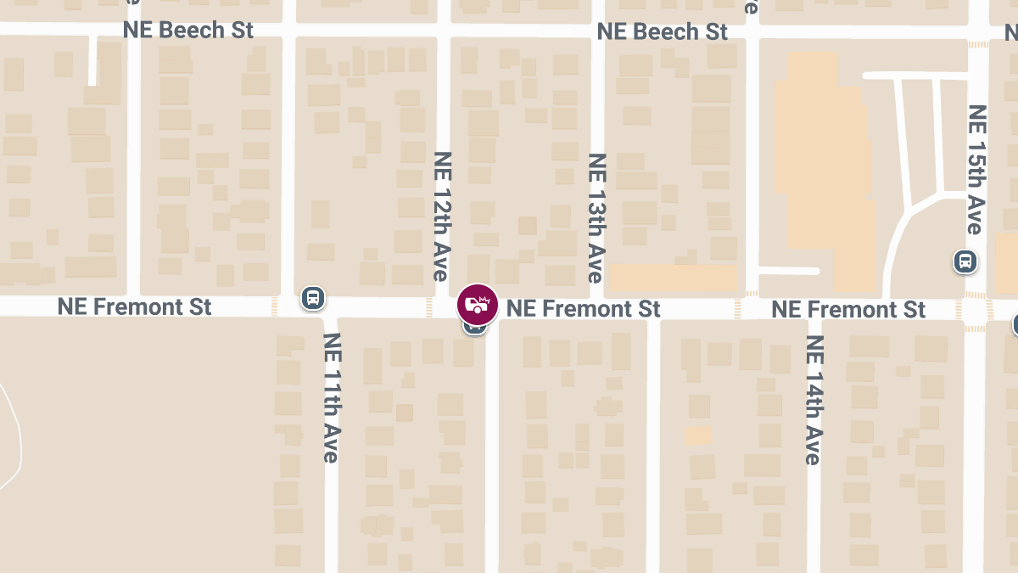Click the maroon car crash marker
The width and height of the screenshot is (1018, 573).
(478, 304)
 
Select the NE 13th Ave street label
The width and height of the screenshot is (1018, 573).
(596, 217)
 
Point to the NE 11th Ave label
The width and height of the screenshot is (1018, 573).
(330, 396)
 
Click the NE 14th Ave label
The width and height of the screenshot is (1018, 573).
(814, 399)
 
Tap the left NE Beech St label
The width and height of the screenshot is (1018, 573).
(188, 30)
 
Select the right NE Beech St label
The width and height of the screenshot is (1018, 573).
(662, 31)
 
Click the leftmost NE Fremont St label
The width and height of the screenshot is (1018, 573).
(134, 306)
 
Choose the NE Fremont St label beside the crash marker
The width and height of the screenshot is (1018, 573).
(583, 308)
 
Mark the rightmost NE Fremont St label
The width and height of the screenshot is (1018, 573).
(848, 309)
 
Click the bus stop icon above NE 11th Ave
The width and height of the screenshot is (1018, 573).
(312, 298)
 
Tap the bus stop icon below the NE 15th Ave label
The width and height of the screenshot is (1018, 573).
(964, 261)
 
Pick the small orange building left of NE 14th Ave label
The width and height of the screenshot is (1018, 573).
(698, 435)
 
